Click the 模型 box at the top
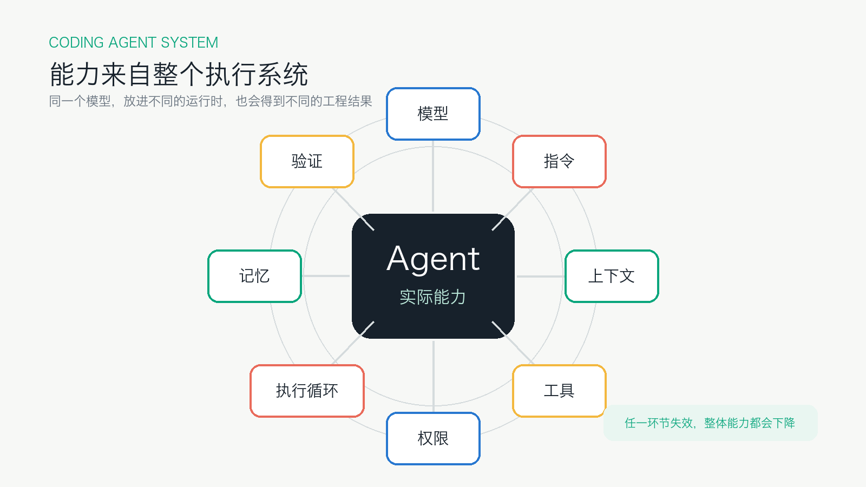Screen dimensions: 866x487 pyautogui.click(x=433, y=114)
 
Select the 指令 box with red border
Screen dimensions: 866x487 pyautogui.click(x=559, y=161)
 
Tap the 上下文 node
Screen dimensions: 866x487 pyautogui.click(x=612, y=276)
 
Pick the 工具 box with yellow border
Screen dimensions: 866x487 pyautogui.click(x=559, y=391)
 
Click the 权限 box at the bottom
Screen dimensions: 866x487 pyautogui.click(x=433, y=438)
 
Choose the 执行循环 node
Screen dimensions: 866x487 pyautogui.click(x=307, y=391)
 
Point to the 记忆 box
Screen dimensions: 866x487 pyautogui.click(x=254, y=276)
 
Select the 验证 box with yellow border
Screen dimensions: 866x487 pyautogui.click(x=307, y=161)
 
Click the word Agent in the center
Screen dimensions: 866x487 pyautogui.click(x=433, y=259)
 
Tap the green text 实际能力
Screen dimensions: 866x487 pyautogui.click(x=432, y=297)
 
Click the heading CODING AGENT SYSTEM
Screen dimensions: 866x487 pyautogui.click(x=133, y=43)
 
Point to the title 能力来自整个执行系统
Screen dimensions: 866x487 pyautogui.click(x=179, y=74)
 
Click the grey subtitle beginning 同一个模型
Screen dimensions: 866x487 pyautogui.click(x=211, y=101)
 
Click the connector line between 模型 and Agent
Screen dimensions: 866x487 pyautogui.click(x=433, y=176)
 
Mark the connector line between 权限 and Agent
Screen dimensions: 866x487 pyautogui.click(x=434, y=377)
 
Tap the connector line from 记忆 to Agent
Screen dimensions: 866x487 pyautogui.click(x=326, y=276)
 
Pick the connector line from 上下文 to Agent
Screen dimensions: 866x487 pyautogui.click(x=541, y=277)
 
